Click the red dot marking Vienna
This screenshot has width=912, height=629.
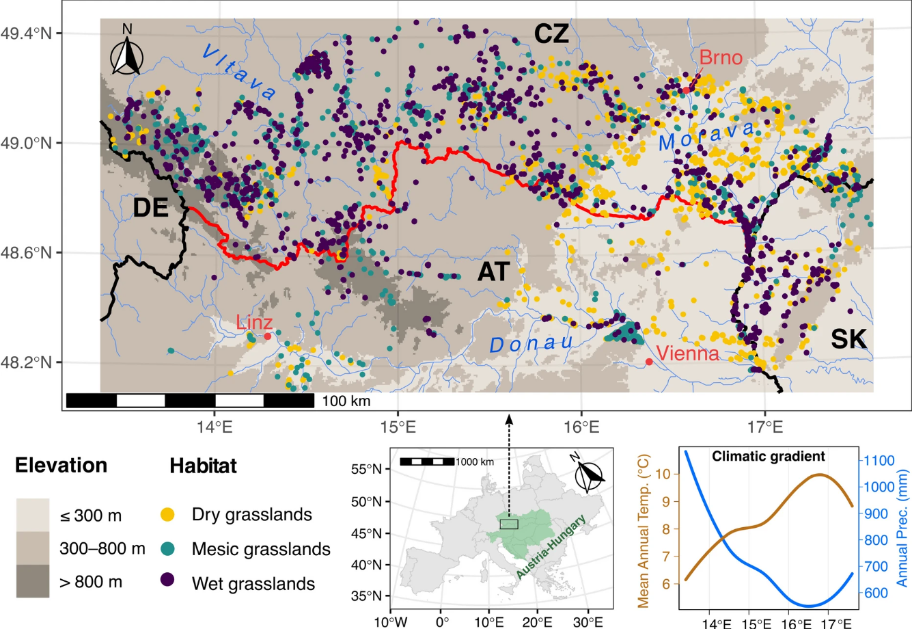(x=649, y=362)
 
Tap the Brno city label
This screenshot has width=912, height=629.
(x=721, y=57)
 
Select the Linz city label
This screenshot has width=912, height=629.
(x=254, y=322)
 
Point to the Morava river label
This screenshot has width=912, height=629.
(x=707, y=135)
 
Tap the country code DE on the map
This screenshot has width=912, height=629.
(x=150, y=208)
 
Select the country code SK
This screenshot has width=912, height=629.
(x=848, y=338)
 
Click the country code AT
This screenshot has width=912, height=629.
(x=493, y=272)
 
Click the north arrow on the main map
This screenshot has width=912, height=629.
(x=126, y=50)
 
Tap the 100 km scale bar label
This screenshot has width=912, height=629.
(x=346, y=401)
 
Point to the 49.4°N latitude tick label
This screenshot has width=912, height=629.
(x=30, y=33)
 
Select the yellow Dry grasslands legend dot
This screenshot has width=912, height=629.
(x=166, y=514)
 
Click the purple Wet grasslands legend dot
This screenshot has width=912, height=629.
(x=166, y=580)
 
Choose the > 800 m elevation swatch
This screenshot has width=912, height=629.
(x=33, y=580)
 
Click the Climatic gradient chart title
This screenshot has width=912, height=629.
(x=769, y=456)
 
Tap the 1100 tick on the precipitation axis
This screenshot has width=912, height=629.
(x=879, y=461)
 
